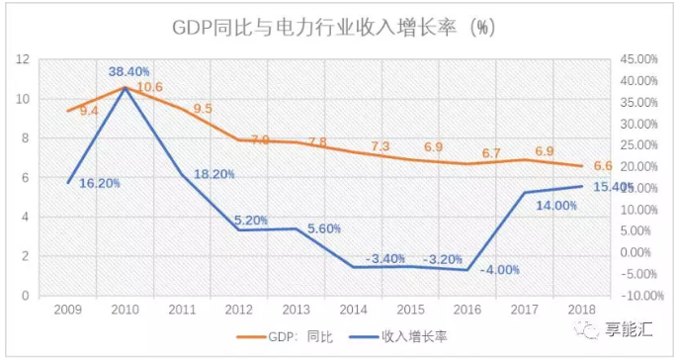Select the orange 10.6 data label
(x=148, y=88)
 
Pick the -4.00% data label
(x=499, y=269)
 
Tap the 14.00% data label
(x=557, y=205)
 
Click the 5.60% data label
(x=323, y=228)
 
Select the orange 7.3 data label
(x=381, y=146)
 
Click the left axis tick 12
(x=22, y=60)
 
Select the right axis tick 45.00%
(x=637, y=60)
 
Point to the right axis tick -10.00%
(x=635, y=295)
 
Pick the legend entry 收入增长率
(x=412, y=337)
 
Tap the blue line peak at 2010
(x=125, y=88)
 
